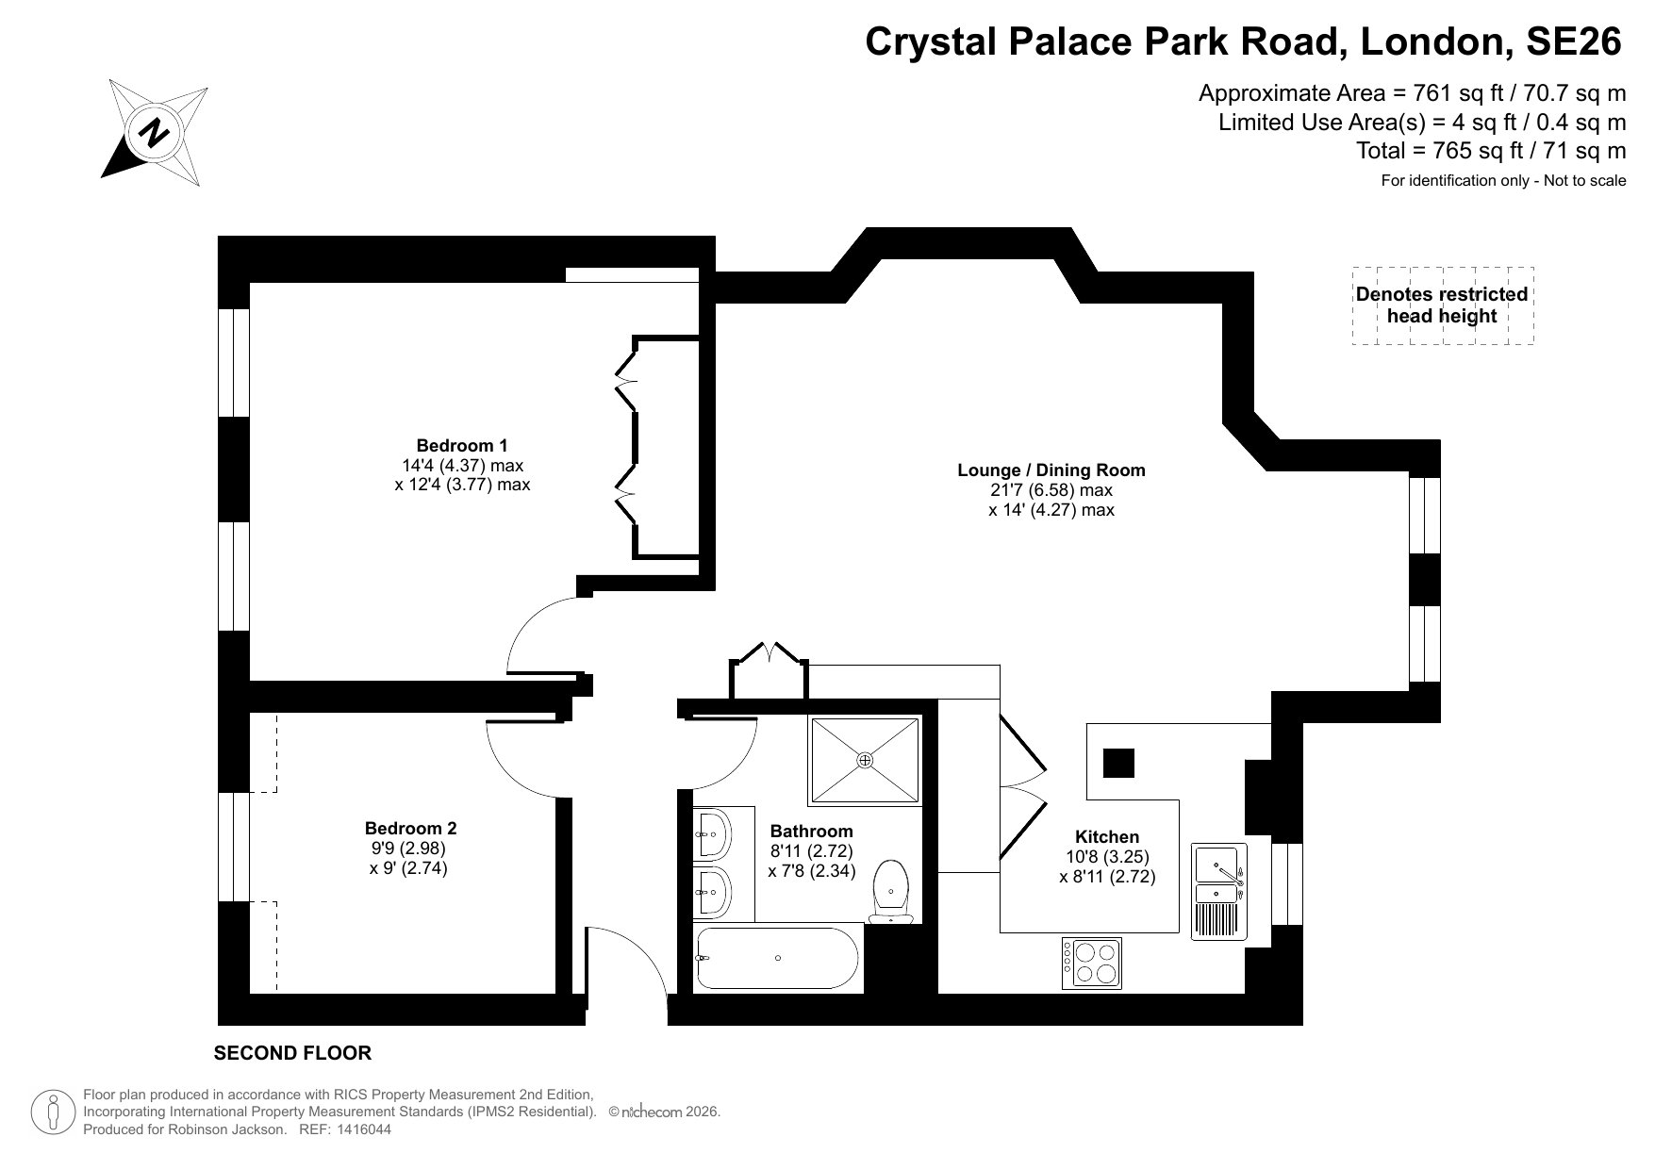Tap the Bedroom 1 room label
tap(462, 445)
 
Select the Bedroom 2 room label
tap(410, 828)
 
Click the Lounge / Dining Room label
tap(1051, 470)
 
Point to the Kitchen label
tap(1107, 836)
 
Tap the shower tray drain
tap(865, 760)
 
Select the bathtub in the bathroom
tap(777, 958)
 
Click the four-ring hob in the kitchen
tap(1092, 963)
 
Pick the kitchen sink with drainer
tap(1219, 891)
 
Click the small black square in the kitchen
tap(1118, 762)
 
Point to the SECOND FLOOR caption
tap(292, 1053)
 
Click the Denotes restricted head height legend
tap(1441, 305)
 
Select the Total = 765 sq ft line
tap(1490, 151)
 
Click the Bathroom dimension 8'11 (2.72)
tap(811, 851)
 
